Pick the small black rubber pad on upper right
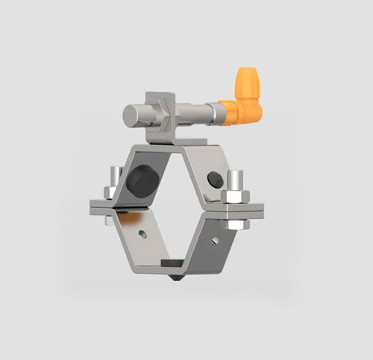click(215, 180)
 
